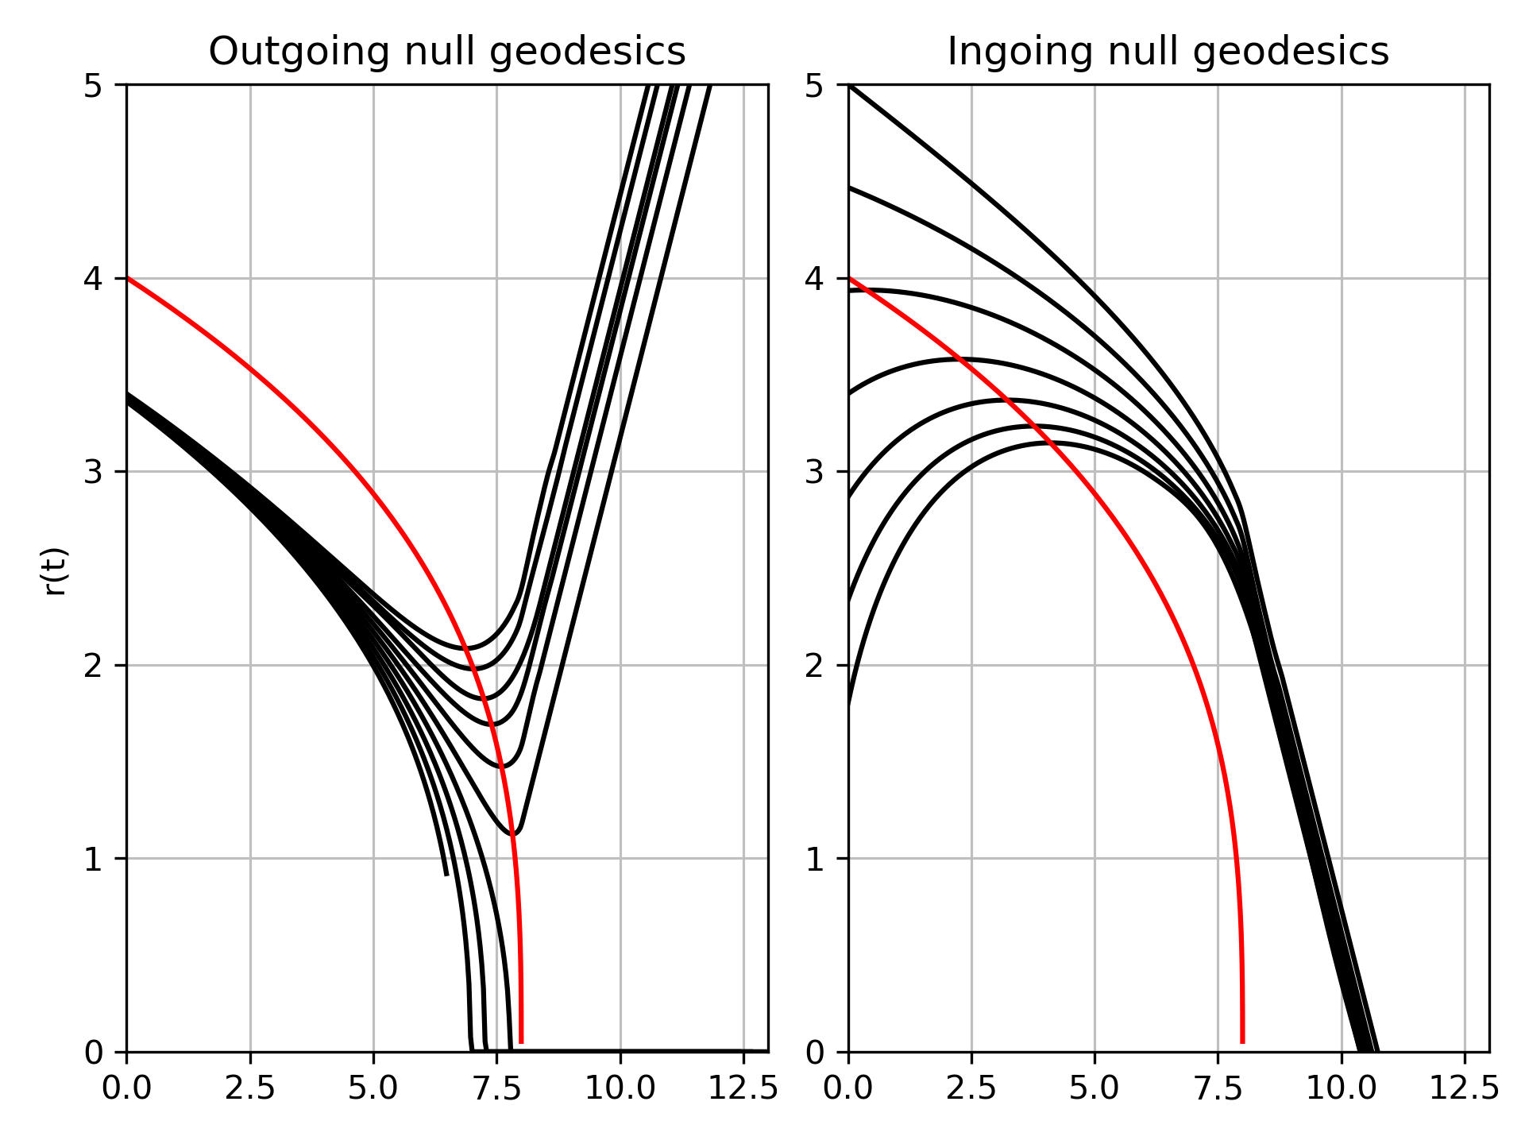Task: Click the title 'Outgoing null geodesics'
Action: pyautogui.click(x=446, y=52)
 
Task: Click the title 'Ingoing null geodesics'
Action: pyautogui.click(x=1168, y=52)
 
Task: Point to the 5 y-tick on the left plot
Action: pyautogui.click(x=93, y=85)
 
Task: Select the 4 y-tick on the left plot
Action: pyautogui.click(x=93, y=279)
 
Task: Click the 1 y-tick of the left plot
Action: pyautogui.click(x=93, y=859)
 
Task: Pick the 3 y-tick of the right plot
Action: pyautogui.click(x=816, y=472)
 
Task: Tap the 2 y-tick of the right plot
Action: pyautogui.click(x=816, y=666)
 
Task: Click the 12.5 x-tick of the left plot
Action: pyautogui.click(x=743, y=1088)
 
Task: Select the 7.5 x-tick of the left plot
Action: pyautogui.click(x=496, y=1088)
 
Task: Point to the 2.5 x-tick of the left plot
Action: pyautogui.click(x=250, y=1088)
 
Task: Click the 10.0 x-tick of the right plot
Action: pyautogui.click(x=1342, y=1088)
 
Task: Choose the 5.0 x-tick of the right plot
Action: pyautogui.click(x=1095, y=1088)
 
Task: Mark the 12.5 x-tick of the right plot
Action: pyautogui.click(x=1465, y=1088)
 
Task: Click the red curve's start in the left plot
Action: pyautogui.click(x=128, y=278)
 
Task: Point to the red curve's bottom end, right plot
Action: pyautogui.click(x=1242, y=1042)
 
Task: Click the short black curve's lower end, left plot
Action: pyautogui.click(x=446, y=875)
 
